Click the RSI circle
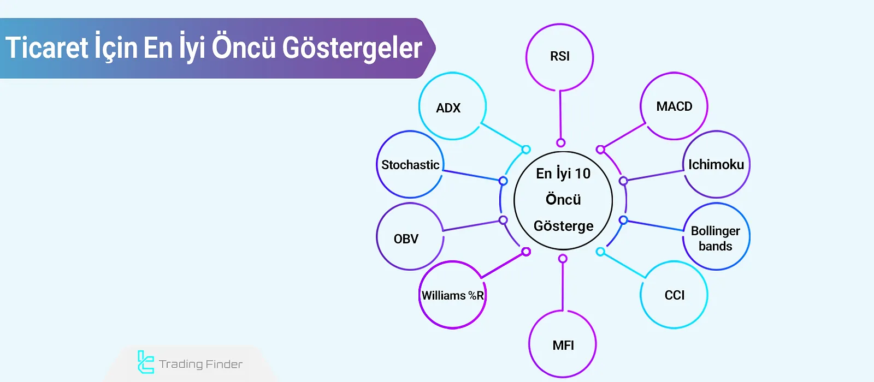click(559, 57)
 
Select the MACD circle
click(674, 106)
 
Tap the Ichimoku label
click(716, 165)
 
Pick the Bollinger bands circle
click(716, 238)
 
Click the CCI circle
click(674, 295)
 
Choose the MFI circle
click(563, 345)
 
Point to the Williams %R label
click(452, 296)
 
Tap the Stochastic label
click(410, 165)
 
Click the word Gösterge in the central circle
click(563, 226)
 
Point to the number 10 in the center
click(582, 174)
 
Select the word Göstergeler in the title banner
click(352, 48)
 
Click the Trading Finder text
click(200, 364)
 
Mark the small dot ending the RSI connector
click(560, 143)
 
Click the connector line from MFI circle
click(563, 286)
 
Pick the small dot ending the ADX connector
click(526, 150)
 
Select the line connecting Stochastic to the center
click(473, 175)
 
